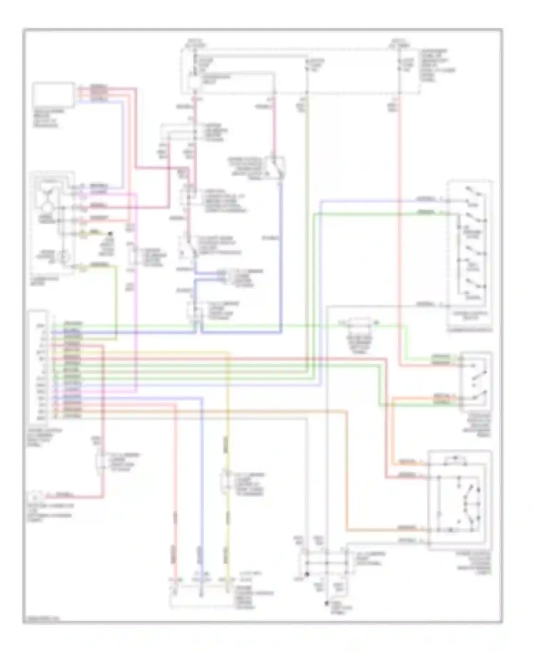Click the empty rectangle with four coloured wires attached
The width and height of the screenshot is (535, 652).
[x=53, y=95]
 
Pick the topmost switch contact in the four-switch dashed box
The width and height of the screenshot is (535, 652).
[x=474, y=193]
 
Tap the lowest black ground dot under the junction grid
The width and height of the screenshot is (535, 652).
[x=326, y=603]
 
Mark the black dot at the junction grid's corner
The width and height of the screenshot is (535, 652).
[x=307, y=574]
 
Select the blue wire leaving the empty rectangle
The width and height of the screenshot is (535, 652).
[x=123, y=143]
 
